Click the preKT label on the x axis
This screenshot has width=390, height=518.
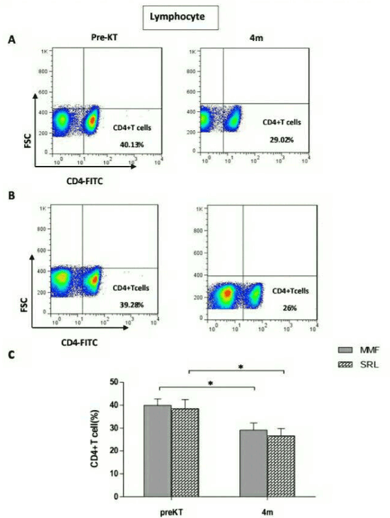coord(170,511)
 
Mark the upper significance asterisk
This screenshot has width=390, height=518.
coord(240,367)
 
